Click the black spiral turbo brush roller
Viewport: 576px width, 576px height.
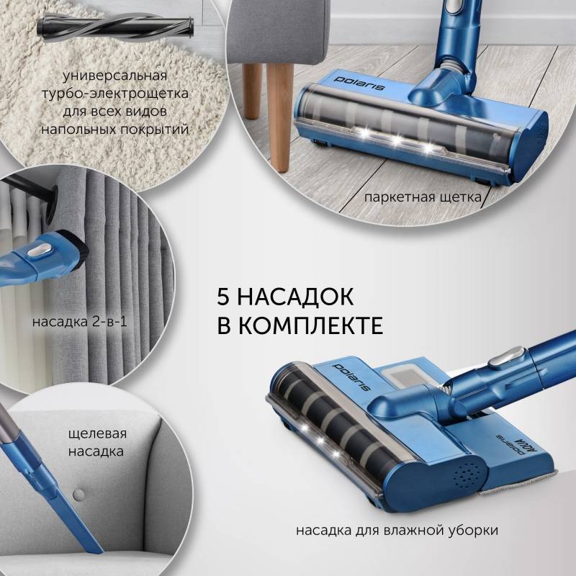click(x=115, y=27)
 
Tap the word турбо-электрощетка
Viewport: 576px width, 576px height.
click(x=115, y=94)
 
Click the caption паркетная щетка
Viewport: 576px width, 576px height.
click(x=423, y=197)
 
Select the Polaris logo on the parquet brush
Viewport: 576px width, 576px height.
click(x=359, y=84)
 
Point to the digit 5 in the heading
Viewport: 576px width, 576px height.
click(x=223, y=297)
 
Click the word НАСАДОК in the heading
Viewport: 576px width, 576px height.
click(x=295, y=297)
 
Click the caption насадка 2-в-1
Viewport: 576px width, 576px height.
click(x=80, y=322)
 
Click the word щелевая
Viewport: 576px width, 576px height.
click(x=97, y=434)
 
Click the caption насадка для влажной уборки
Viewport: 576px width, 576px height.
click(x=397, y=531)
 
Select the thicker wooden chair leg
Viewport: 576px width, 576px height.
click(x=279, y=117)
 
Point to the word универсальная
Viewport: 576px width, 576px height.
click(x=115, y=76)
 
